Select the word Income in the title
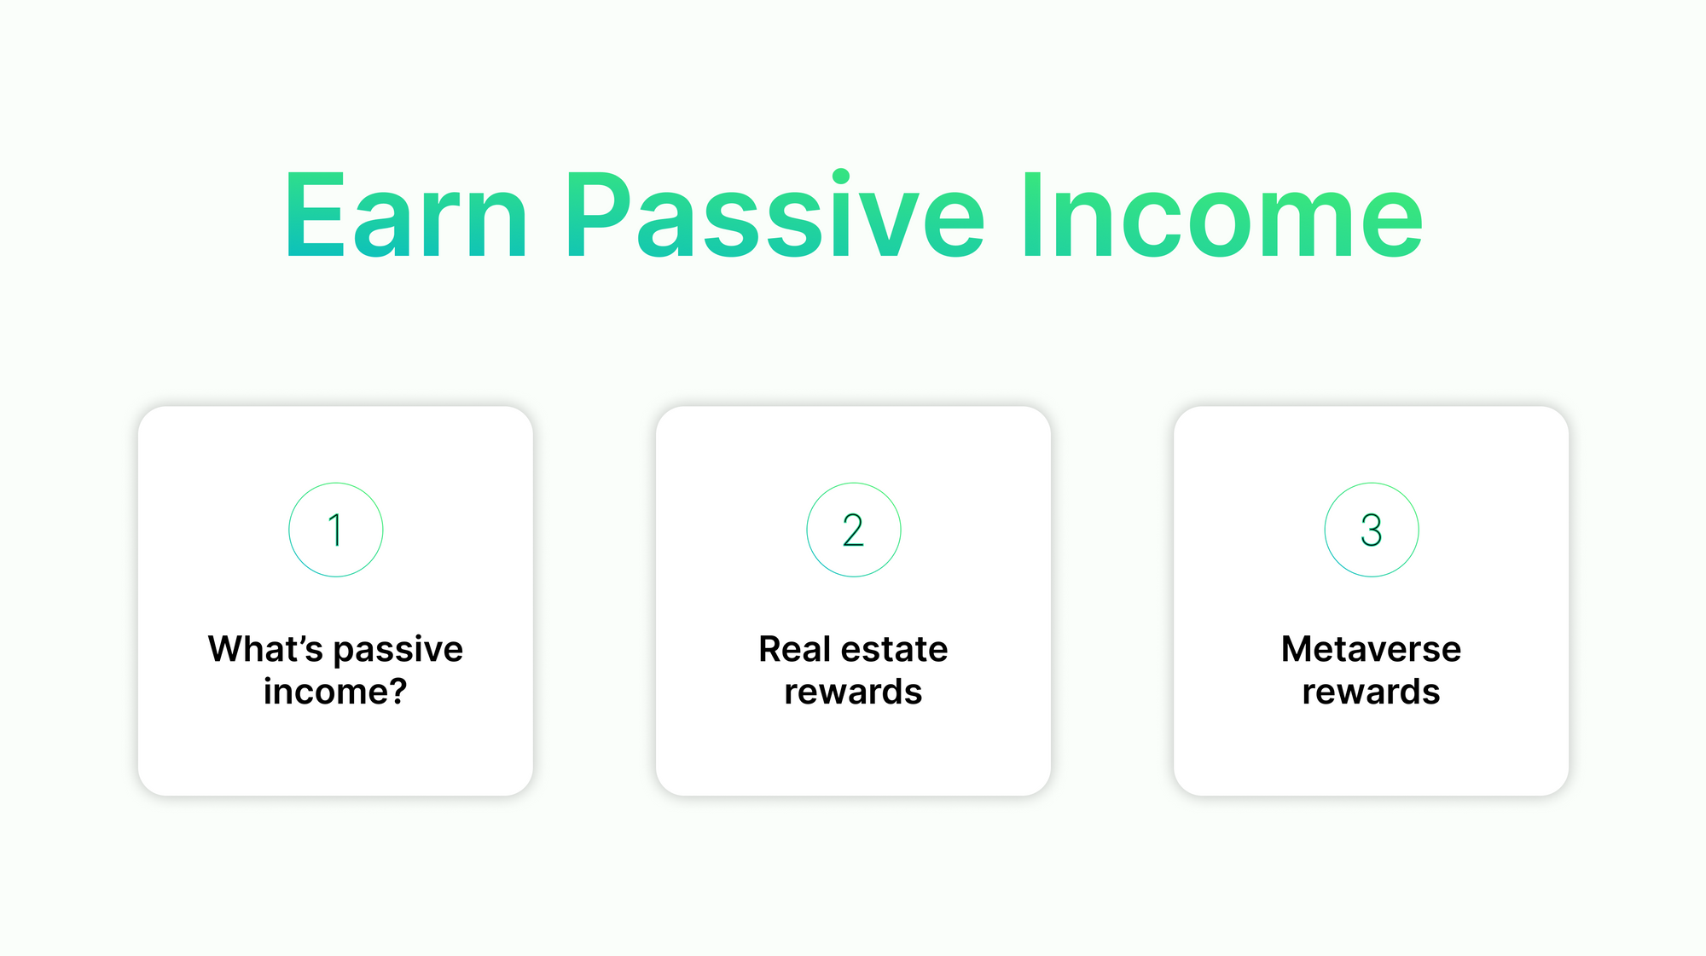tap(1223, 214)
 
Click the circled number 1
tap(336, 530)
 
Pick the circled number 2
tap(854, 530)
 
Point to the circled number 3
tap(1372, 530)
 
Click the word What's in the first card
tap(265, 649)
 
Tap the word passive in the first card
tap(398, 652)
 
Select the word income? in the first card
tap(335, 692)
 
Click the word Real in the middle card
tap(794, 649)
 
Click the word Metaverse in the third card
tap(1371, 649)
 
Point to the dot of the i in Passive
tap(841, 177)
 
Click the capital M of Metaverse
tap(1298, 649)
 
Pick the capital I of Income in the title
tap(1033, 214)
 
